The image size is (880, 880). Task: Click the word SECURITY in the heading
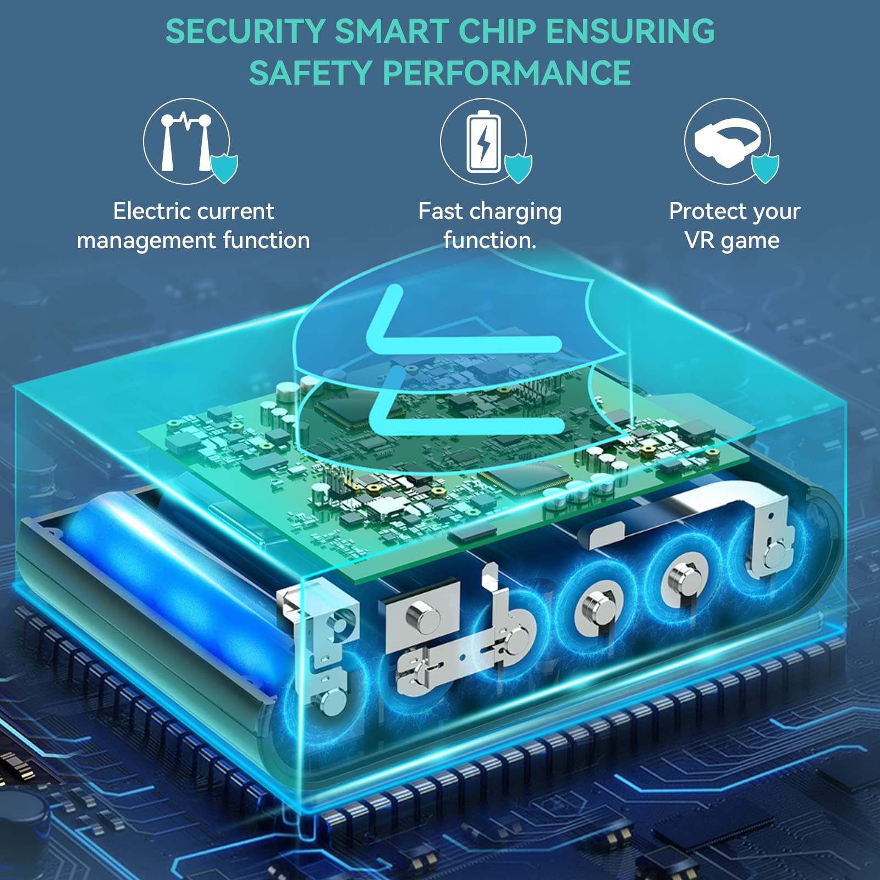pos(245,31)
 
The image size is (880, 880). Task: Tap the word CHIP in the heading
pos(497,31)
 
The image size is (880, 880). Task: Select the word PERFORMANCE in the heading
pos(507,73)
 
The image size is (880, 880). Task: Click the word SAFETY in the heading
pos(311,73)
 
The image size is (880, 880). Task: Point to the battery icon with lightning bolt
pos(483,141)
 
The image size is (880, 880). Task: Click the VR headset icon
pos(727,142)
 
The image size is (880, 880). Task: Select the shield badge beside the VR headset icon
pos(765,168)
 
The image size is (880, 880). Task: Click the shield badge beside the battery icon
pos(518,168)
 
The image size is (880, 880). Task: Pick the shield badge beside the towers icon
pos(224,168)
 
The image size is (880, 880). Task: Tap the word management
pos(146,241)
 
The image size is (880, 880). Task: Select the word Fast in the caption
pos(441,211)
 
